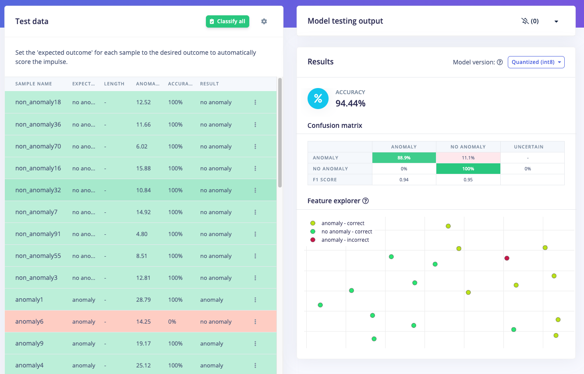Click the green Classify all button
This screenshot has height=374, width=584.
(227, 21)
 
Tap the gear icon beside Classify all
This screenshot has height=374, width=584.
(264, 21)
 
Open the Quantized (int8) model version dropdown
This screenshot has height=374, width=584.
(536, 62)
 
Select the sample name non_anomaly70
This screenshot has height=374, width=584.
(38, 146)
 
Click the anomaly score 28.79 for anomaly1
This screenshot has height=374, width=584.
(143, 300)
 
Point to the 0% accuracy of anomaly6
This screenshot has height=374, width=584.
(172, 321)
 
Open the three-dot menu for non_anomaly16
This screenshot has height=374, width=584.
(255, 168)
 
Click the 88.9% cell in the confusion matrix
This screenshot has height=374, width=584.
(404, 158)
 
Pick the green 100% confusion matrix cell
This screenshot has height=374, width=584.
(468, 169)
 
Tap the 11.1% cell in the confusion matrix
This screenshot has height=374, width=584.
(468, 158)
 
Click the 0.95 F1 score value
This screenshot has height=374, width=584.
(468, 180)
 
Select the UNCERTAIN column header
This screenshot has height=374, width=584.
(532, 147)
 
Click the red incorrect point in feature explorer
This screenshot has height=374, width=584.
(507, 258)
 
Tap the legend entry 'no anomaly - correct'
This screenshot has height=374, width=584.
(347, 232)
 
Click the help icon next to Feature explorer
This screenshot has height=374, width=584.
(365, 201)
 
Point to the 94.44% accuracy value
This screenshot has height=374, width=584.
(350, 103)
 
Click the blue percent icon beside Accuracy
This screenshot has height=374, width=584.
(318, 99)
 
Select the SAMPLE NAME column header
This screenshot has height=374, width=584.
(34, 84)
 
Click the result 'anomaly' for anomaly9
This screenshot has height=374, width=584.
(212, 343)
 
